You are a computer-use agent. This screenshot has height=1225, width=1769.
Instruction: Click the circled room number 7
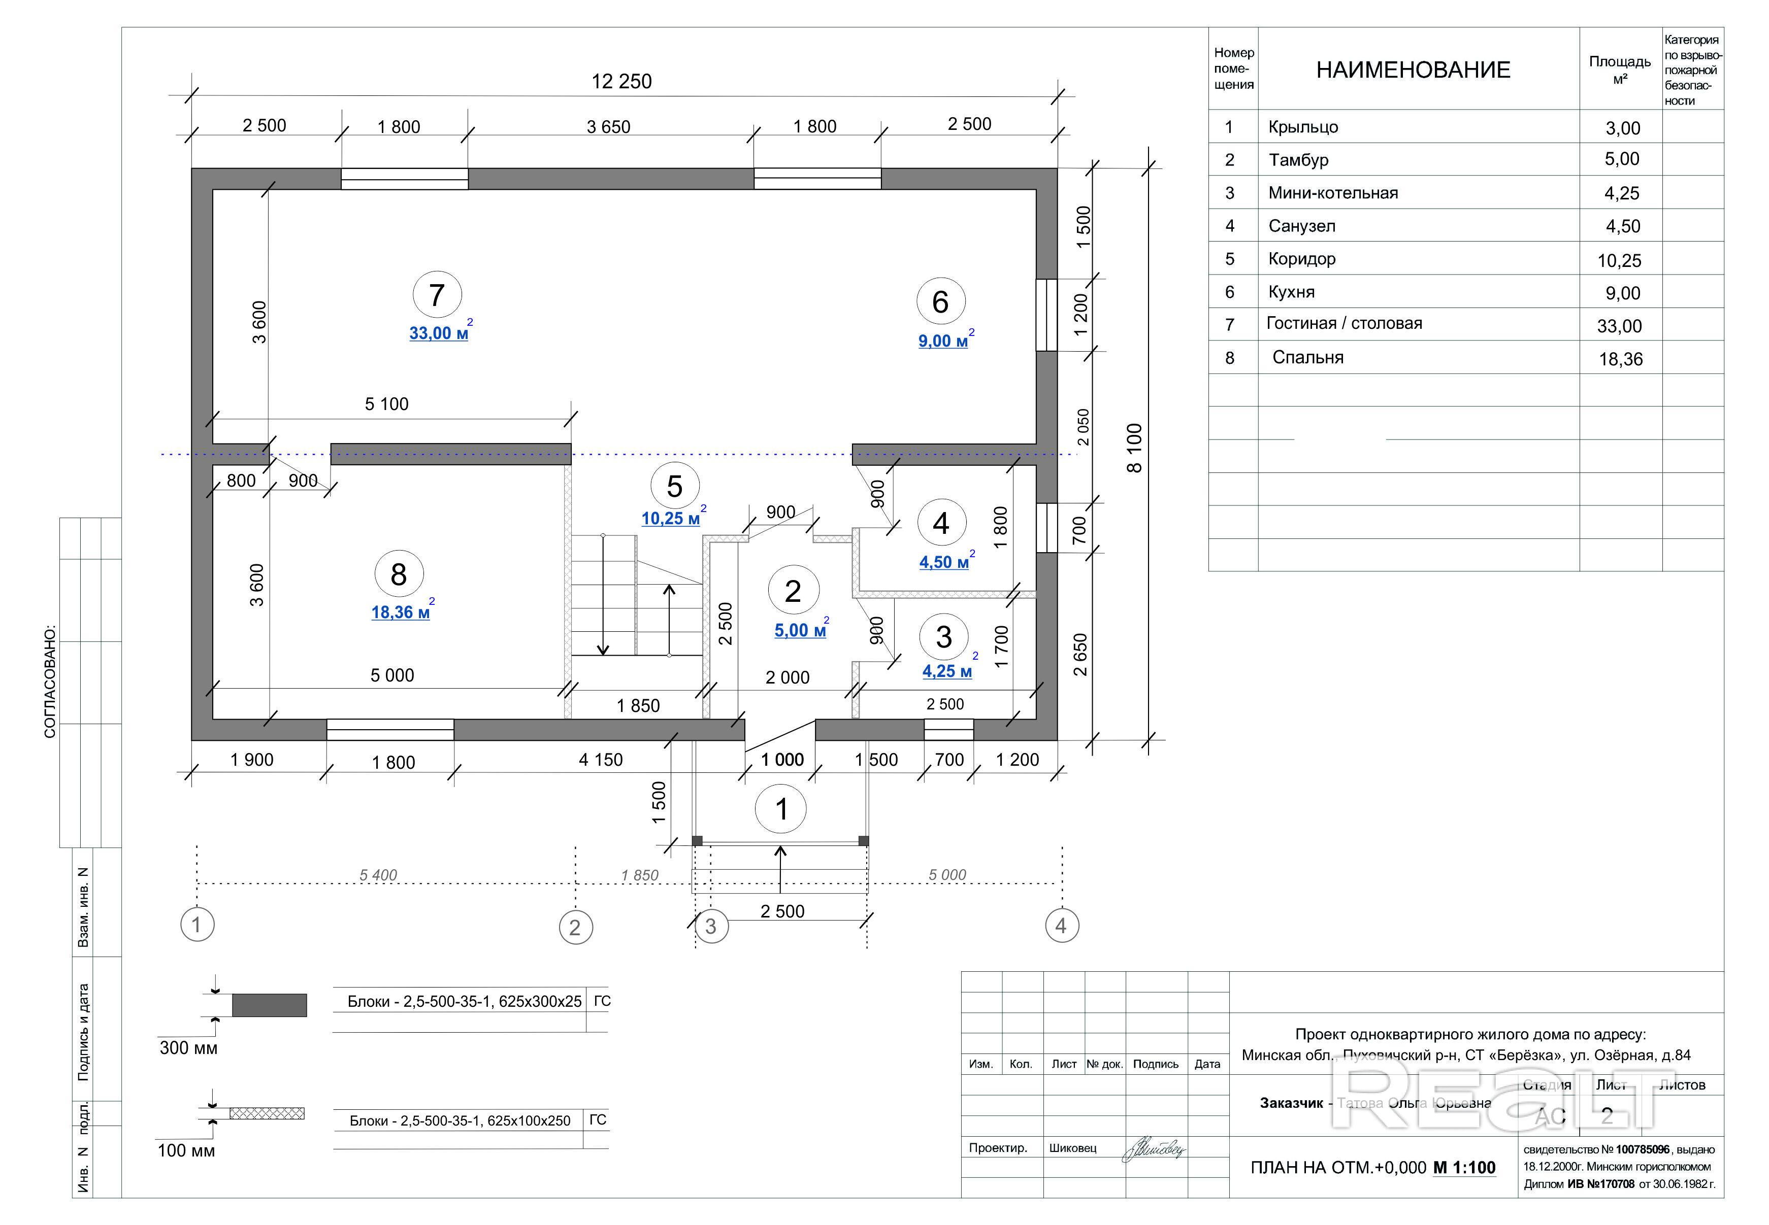[437, 295]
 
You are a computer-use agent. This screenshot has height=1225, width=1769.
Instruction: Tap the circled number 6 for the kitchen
[940, 301]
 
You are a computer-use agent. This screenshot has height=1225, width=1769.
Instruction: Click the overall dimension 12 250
[621, 81]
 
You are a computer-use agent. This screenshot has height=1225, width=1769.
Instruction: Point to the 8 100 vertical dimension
[1134, 448]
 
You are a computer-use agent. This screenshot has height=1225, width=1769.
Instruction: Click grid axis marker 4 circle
[1061, 926]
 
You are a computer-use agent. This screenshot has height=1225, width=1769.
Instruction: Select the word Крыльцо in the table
[1303, 127]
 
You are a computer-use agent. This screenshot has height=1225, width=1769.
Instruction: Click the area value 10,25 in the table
[1619, 260]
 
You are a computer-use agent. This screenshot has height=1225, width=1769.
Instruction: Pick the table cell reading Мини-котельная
[1333, 193]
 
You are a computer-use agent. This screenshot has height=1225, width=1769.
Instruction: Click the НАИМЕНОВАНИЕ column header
[1413, 70]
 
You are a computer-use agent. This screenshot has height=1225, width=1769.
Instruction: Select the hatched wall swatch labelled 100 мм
[267, 1113]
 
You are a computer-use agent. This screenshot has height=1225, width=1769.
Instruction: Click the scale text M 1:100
[1464, 1168]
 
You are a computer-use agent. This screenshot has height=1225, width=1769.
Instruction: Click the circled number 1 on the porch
[781, 809]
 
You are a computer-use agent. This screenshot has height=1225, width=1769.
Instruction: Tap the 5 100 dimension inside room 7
[386, 404]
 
